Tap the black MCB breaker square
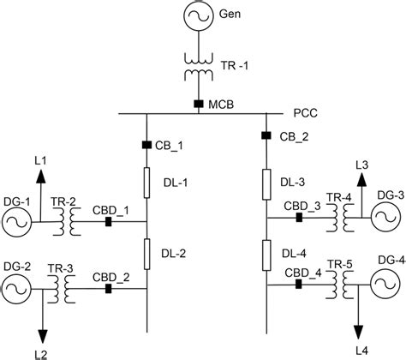click(x=199, y=105)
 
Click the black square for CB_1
click(x=146, y=144)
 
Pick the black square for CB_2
click(x=266, y=135)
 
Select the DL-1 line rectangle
click(x=146, y=183)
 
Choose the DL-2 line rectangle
click(x=146, y=254)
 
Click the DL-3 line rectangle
click(x=266, y=181)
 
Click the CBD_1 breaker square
click(x=108, y=222)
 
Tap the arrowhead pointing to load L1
click(x=39, y=176)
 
